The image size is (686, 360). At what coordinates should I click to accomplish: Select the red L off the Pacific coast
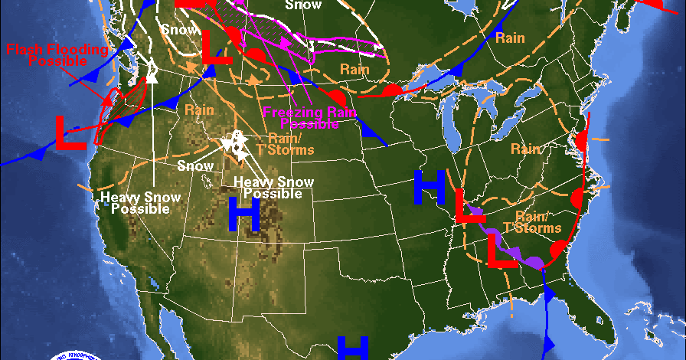(x=70, y=133)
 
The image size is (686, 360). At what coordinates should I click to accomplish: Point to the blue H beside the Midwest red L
(x=430, y=188)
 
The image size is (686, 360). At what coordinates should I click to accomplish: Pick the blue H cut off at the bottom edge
(x=353, y=348)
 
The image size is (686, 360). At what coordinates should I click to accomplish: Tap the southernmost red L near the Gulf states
(x=503, y=252)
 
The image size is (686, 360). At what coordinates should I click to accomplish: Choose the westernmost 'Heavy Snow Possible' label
(x=140, y=203)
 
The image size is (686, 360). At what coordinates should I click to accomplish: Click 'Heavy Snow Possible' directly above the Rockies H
(x=273, y=188)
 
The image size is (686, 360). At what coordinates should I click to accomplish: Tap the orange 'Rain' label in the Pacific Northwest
(x=199, y=110)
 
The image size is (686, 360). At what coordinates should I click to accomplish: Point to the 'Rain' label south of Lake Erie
(x=526, y=149)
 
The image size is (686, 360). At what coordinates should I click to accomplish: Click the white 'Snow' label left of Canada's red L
(x=178, y=29)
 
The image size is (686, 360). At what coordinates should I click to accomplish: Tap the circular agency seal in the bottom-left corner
(x=74, y=355)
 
